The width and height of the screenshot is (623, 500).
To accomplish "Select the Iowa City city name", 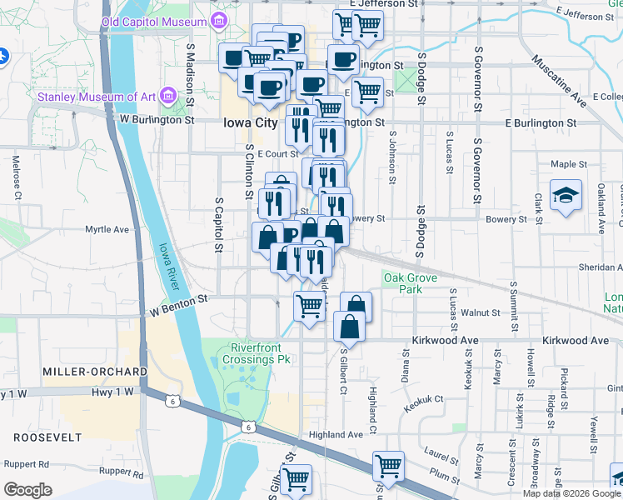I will [x=250, y=122].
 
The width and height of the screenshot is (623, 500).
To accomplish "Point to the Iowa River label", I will [x=167, y=267].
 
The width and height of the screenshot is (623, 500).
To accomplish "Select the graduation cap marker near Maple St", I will [x=566, y=196].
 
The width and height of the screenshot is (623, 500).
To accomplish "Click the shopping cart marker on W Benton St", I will [x=309, y=305].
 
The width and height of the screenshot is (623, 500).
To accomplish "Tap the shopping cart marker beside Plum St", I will [x=387, y=465].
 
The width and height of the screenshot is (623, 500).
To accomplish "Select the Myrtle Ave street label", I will [x=107, y=229].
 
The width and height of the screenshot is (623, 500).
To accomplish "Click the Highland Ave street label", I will [x=336, y=435].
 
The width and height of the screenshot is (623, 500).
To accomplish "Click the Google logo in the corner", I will [x=27, y=490].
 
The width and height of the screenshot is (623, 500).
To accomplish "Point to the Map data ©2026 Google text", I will [x=571, y=493].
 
